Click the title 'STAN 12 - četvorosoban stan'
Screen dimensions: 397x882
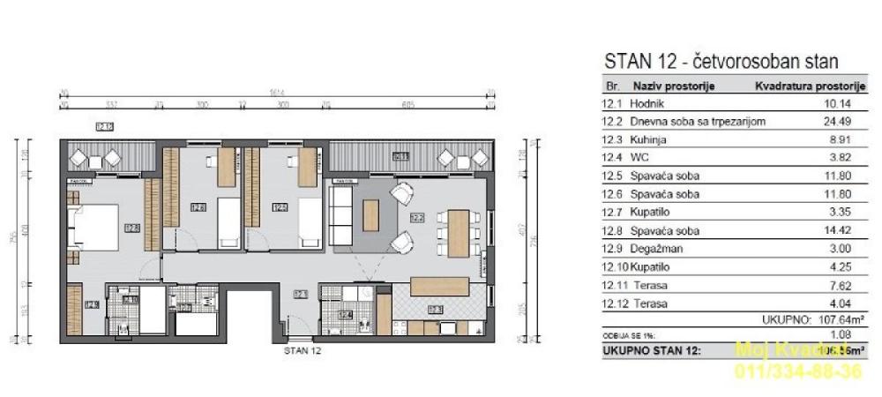coord(720,63)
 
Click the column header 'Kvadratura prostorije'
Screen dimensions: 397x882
coord(806,86)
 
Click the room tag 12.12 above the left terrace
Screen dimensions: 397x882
coord(104,127)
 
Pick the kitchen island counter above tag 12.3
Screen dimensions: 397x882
coord(438,287)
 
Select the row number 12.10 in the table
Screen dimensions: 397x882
coord(606,266)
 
